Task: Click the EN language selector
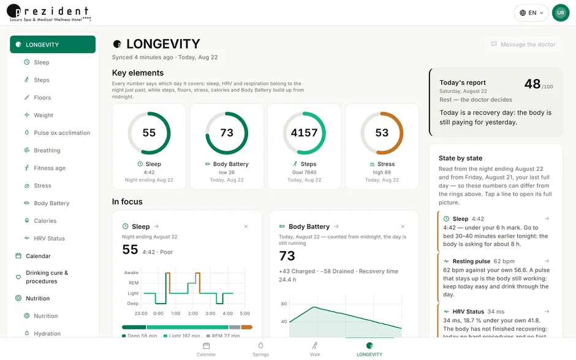pos(531,13)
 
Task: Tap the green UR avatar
pos(561,13)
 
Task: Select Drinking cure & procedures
pos(42,277)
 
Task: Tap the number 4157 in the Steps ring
pos(304,132)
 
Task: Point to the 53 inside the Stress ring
pos(382,132)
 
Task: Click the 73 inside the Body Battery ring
pos(227,132)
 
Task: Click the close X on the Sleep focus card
pos(246,227)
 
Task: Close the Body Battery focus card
pos(403,227)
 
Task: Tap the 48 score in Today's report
pos(532,84)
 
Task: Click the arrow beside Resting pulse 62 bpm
pos(547,261)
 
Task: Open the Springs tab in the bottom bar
pos(261,350)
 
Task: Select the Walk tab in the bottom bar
pos(315,350)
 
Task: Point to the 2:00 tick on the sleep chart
pos(193,313)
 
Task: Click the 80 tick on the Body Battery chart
pos(284,304)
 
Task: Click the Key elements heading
pos(138,73)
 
